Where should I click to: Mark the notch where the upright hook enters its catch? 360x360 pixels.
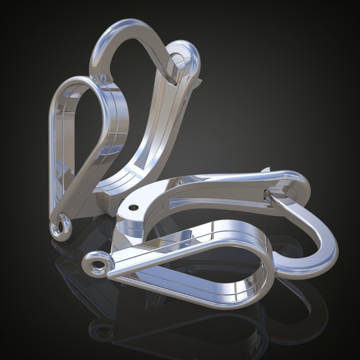[172, 82]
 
